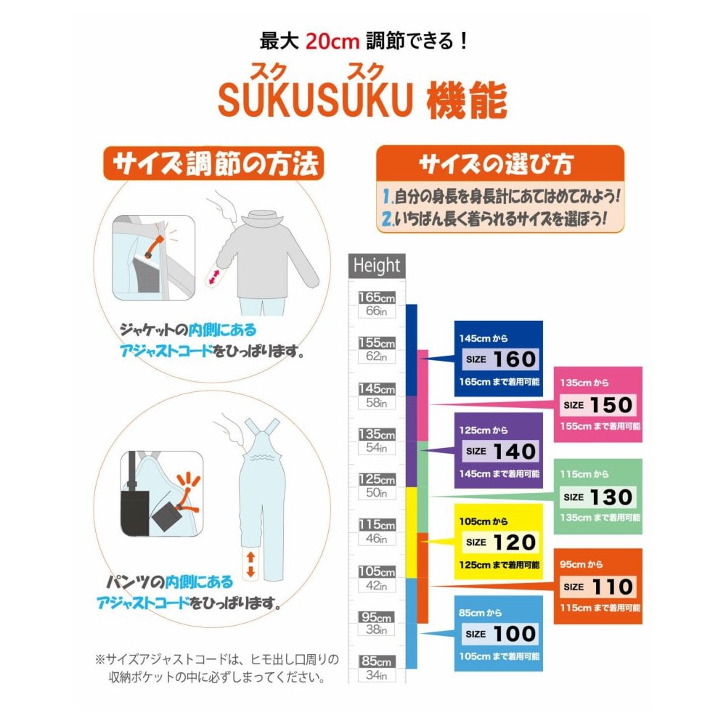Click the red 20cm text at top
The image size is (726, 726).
point(333,41)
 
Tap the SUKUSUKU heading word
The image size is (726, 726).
point(315,99)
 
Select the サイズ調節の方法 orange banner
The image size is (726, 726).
point(214,163)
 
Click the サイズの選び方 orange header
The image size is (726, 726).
point(500,163)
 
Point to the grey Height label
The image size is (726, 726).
point(377,266)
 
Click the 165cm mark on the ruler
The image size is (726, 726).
point(377,297)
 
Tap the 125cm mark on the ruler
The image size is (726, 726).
point(377,479)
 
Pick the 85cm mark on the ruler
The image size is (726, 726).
point(377,661)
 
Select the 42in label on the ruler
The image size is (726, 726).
point(376,585)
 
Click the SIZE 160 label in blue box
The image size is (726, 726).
point(500,359)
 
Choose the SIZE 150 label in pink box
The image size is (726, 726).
point(597,405)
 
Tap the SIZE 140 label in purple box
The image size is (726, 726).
point(500,452)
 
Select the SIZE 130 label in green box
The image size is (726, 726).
point(597,497)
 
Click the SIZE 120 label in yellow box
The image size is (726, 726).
point(500,542)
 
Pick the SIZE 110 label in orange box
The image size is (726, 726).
point(597,587)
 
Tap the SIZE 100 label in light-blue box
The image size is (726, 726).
point(500,634)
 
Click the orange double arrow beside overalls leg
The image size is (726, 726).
point(250,564)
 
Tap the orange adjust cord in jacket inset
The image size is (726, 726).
point(154,246)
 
